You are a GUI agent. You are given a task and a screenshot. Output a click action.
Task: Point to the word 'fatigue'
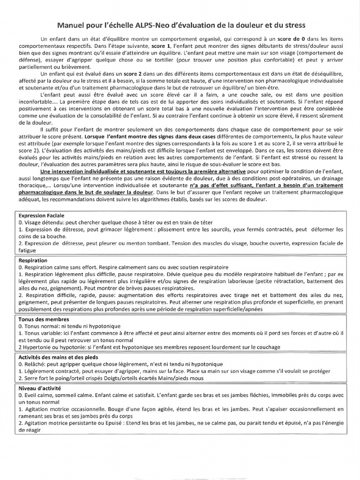(x=27, y=251)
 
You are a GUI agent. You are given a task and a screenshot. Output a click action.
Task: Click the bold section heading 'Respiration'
(x=33, y=260)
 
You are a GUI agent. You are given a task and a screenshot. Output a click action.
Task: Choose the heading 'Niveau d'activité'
(x=41, y=389)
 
